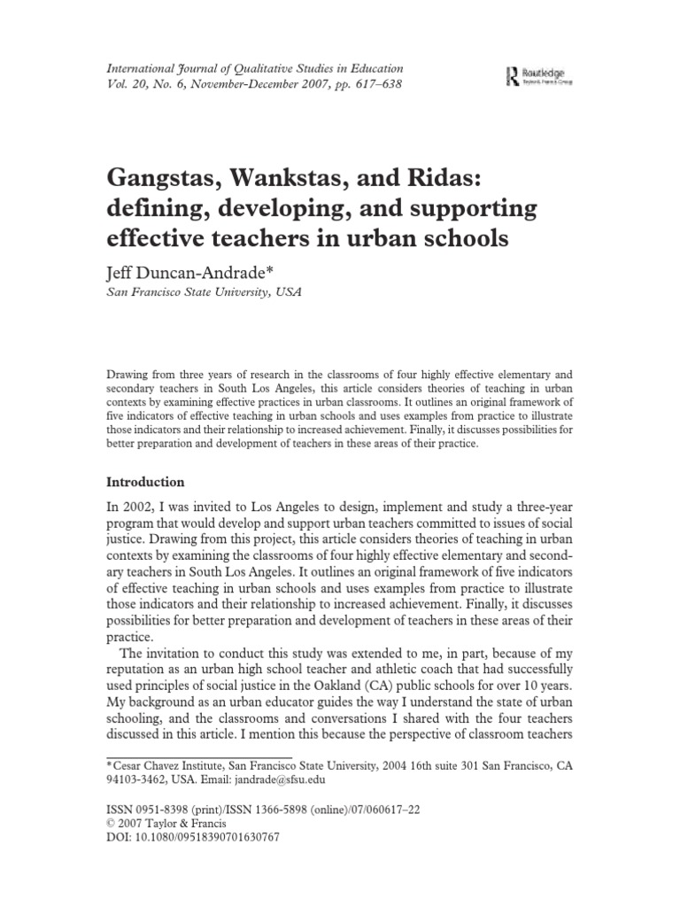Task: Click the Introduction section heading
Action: (145, 483)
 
